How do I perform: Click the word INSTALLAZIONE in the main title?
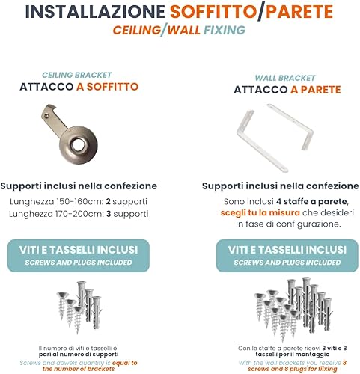click(95, 12)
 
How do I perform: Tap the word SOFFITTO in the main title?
click(213, 12)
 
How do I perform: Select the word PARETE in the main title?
click(299, 12)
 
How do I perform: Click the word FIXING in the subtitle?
click(225, 30)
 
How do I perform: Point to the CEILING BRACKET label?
click(76, 75)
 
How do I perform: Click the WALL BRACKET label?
click(285, 78)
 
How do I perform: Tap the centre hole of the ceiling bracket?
click(79, 144)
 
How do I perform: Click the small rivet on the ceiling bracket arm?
click(47, 115)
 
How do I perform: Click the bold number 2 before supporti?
click(108, 201)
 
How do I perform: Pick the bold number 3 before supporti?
click(109, 214)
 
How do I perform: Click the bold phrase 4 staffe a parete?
click(311, 201)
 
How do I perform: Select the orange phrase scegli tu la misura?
click(260, 213)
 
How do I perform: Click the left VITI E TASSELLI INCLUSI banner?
click(79, 256)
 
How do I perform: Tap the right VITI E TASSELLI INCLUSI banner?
click(287, 256)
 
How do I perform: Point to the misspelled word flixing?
click(326, 369)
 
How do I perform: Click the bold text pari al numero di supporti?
click(79, 355)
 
